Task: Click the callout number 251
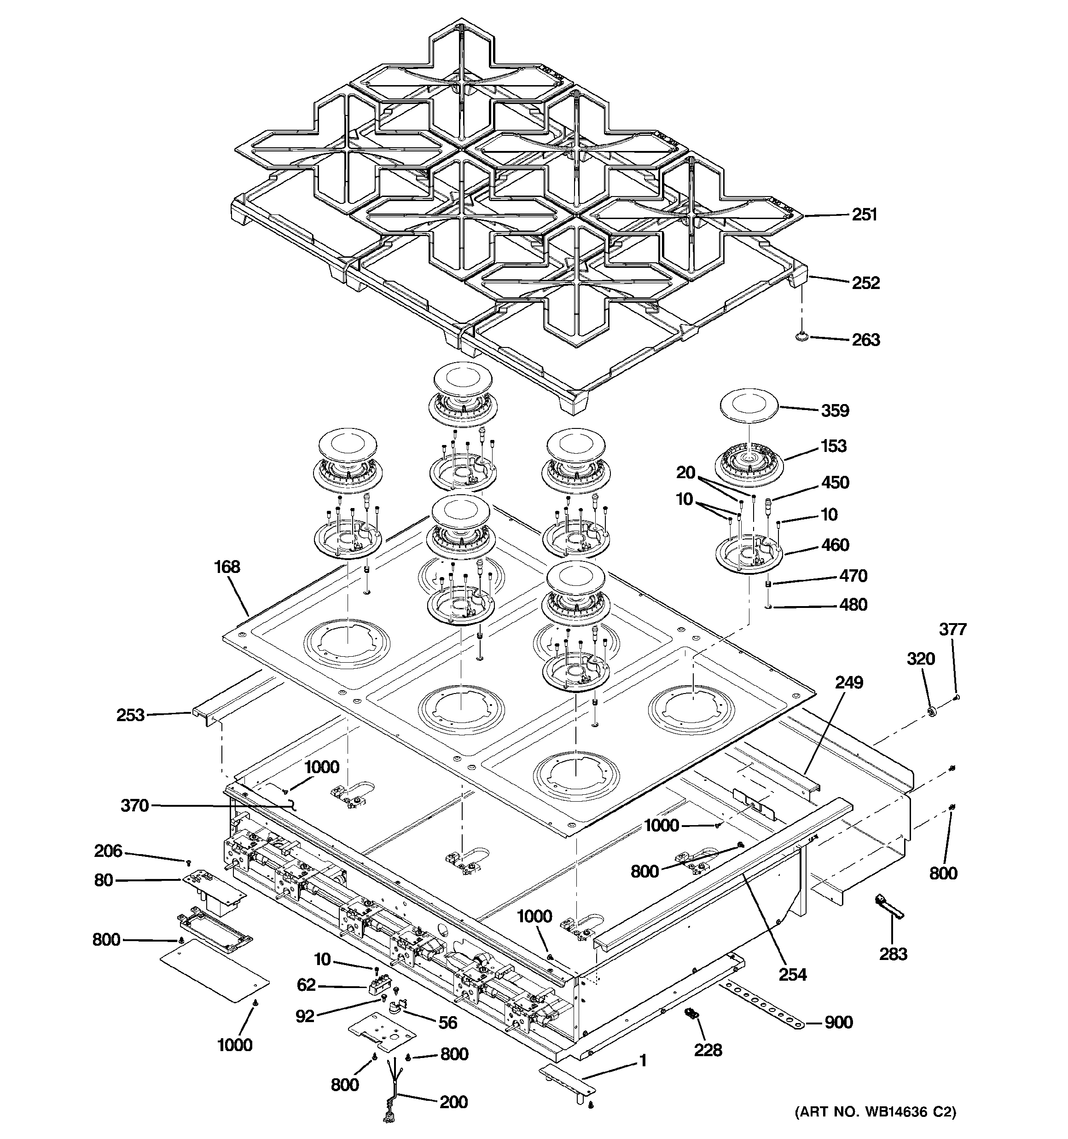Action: click(864, 214)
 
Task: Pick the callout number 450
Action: click(835, 482)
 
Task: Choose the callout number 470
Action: click(853, 576)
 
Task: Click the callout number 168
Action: click(227, 567)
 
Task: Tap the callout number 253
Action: click(130, 716)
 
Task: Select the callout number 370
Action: click(135, 805)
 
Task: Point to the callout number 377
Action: click(953, 629)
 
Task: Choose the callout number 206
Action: click(108, 851)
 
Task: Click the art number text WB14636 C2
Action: click(876, 1128)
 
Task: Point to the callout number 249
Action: click(849, 682)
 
